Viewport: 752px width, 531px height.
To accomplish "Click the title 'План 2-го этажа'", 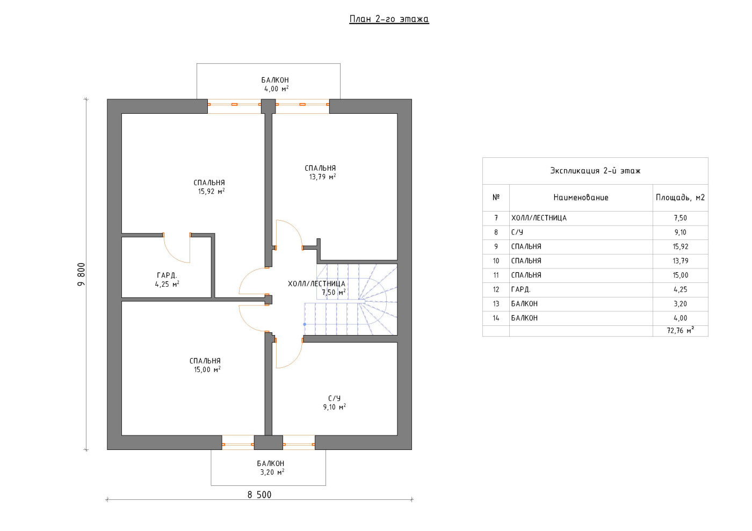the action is point(389,19).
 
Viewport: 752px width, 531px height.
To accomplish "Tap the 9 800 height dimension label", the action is point(82,274).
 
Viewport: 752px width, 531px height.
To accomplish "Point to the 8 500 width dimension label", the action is point(259,494).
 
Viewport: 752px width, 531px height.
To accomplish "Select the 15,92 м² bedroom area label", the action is point(211,192).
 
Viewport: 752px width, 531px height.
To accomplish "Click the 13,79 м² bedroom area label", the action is point(323,177).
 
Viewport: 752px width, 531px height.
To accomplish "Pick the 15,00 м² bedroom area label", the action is point(207,369).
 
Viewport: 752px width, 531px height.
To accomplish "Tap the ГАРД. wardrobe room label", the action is point(167,275).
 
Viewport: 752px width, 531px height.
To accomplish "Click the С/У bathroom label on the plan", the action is point(334,398).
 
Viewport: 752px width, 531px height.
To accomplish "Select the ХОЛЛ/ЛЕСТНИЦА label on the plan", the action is point(316,284).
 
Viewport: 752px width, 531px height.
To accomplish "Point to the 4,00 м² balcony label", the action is point(276,89).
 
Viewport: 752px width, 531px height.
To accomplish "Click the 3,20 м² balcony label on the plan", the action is point(272,472).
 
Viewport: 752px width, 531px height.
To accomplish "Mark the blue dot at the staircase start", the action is point(305,325).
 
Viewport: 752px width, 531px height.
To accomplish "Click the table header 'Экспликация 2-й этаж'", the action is point(595,171).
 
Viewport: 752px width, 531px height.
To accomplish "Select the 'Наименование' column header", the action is point(581,198).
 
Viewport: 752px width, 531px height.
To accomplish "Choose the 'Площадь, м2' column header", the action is point(681,198).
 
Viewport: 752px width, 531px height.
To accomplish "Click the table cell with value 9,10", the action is point(681,232).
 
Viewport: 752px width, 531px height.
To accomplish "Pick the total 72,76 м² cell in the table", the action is point(681,331).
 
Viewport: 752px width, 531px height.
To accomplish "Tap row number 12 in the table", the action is point(496,289).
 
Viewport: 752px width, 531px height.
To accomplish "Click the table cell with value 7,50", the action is point(681,218).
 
